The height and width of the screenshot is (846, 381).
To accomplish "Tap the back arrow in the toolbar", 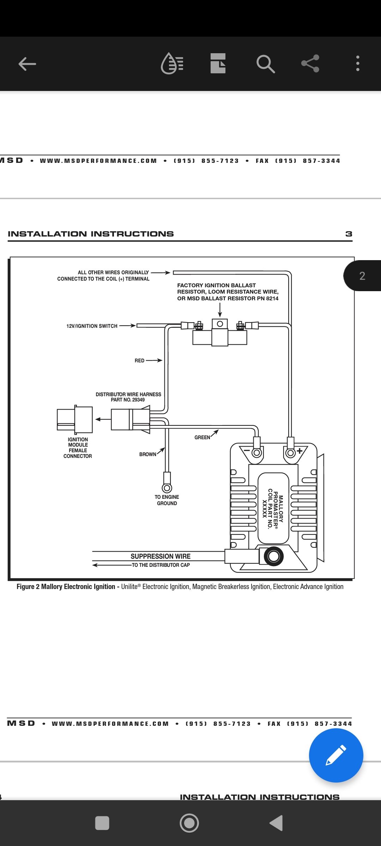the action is click(27, 64).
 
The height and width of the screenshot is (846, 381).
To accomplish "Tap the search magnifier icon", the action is click(266, 64).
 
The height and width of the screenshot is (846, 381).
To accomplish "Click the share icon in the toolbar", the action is click(310, 63).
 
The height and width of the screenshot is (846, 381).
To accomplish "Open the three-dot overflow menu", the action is click(358, 63).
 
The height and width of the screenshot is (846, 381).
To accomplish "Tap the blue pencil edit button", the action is click(336, 755).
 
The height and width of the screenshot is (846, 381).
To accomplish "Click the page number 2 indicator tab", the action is click(362, 276).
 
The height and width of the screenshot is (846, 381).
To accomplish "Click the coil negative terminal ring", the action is click(257, 453).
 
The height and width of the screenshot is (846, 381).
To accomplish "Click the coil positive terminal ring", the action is click(290, 453).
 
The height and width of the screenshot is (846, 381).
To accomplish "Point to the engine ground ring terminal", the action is click(167, 488).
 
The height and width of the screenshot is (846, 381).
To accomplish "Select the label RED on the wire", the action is click(139, 361).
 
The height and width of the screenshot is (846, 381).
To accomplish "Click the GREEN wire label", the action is click(202, 437).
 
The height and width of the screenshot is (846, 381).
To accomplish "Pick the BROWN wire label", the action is click(148, 454).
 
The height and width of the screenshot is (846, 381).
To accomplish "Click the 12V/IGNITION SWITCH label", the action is click(92, 326).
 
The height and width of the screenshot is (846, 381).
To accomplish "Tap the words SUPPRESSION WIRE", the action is click(161, 556).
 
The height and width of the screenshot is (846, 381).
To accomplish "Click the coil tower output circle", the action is click(273, 556).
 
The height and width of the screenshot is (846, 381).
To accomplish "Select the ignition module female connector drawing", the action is click(75, 419).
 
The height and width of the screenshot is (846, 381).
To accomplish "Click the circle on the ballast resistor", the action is click(220, 324).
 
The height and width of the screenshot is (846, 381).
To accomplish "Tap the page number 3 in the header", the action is click(349, 234).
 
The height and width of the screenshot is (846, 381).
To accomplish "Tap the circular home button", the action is click(189, 823).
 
